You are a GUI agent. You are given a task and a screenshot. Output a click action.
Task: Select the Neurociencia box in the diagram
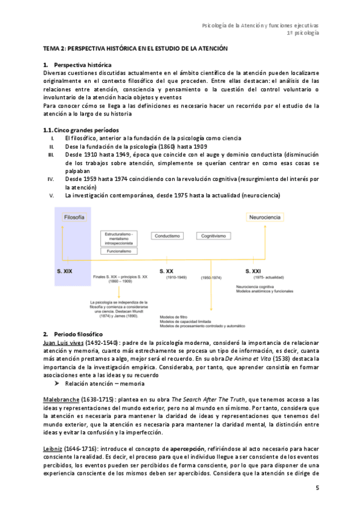(x=266, y=217)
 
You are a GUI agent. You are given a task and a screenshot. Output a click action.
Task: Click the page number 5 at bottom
(x=317, y=487)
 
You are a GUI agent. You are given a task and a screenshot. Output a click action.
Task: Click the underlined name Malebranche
(x=62, y=400)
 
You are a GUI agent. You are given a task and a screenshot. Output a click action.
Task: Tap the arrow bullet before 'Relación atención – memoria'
(x=57, y=384)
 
